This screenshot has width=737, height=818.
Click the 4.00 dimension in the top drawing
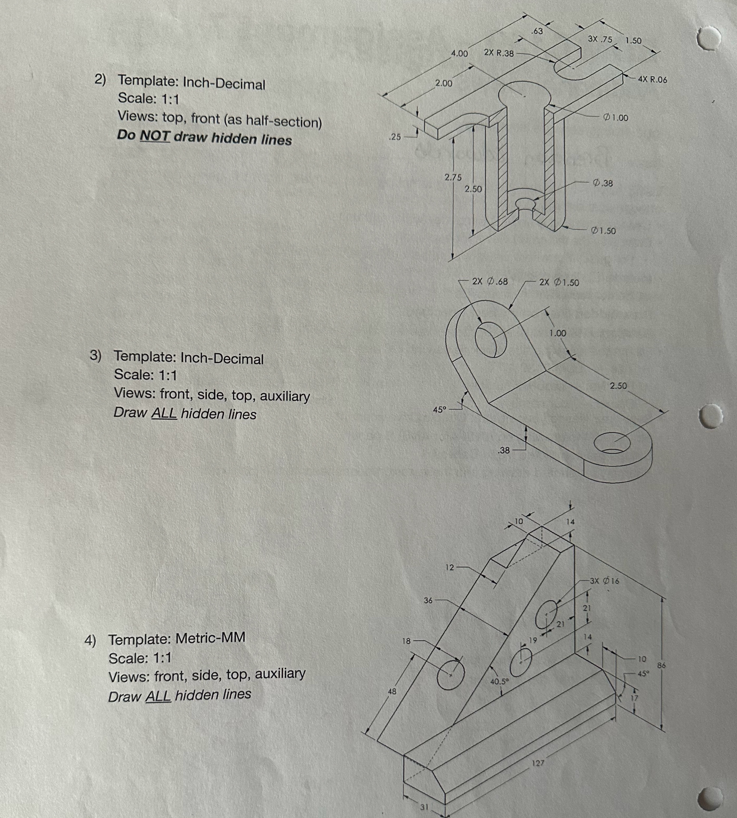(460, 53)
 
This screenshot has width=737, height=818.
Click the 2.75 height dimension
(453, 177)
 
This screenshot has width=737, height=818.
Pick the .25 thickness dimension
(394, 137)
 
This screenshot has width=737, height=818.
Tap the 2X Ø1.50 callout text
(559, 282)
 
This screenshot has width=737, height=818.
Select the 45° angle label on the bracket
(439, 409)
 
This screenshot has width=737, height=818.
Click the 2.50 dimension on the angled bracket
(618, 385)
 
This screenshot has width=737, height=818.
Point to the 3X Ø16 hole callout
(604, 581)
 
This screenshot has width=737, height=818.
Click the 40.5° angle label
(499, 682)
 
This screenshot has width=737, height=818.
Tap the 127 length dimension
(538, 763)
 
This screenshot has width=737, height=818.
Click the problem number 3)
(96, 355)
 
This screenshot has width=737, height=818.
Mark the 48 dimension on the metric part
(392, 691)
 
